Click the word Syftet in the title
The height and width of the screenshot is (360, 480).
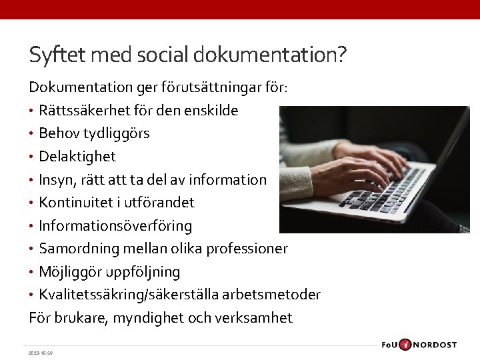point(57,54)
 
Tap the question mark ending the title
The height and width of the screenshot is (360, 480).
point(342,54)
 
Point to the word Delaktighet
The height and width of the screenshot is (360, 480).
point(77,157)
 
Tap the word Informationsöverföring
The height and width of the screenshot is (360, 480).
point(115,226)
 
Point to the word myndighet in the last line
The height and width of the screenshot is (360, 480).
point(149,318)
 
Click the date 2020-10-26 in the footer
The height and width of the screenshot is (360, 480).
point(41,353)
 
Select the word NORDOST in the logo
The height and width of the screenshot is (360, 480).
point(435,345)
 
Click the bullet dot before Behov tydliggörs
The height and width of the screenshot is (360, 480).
point(31,133)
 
